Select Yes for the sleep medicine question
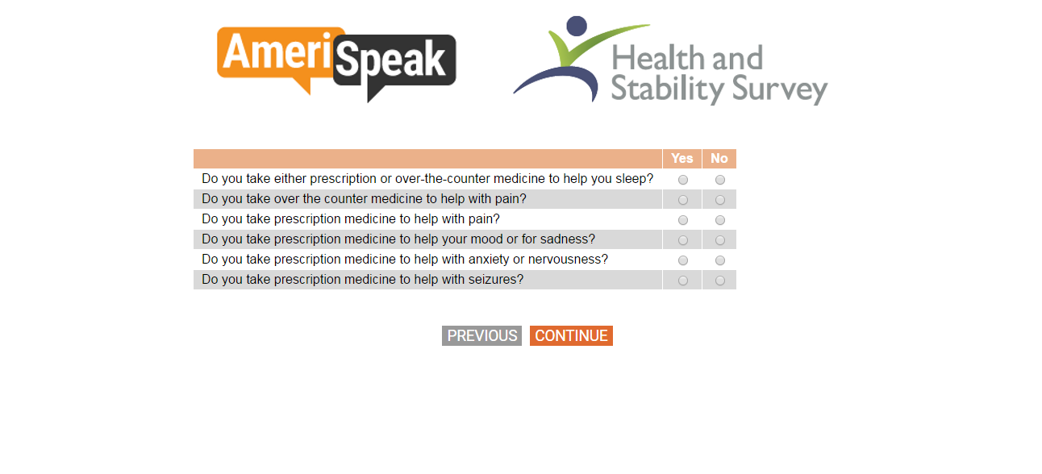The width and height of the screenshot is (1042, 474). point(682,180)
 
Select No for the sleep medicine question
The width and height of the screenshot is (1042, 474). point(719,180)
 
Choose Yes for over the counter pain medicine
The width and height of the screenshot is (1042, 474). point(682,200)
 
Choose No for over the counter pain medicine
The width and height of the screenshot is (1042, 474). point(719,200)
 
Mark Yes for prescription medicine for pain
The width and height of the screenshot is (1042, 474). point(682,220)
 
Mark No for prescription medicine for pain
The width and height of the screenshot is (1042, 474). point(719,220)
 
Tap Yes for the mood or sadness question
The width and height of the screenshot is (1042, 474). point(682,240)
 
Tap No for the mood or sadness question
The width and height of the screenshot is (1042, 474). point(719,240)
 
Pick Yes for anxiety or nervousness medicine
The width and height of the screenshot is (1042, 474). point(682,260)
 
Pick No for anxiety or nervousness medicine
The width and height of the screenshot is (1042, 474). point(719,260)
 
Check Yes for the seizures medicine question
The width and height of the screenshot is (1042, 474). point(682,281)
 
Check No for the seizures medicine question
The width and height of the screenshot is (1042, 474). point(719,281)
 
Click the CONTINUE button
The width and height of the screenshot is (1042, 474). point(571,335)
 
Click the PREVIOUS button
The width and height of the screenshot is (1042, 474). point(481,335)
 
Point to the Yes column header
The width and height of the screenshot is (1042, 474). point(682,158)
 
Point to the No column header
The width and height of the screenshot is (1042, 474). point(719,158)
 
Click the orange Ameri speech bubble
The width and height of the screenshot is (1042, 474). point(274,52)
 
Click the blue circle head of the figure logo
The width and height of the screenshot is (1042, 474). point(577,26)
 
